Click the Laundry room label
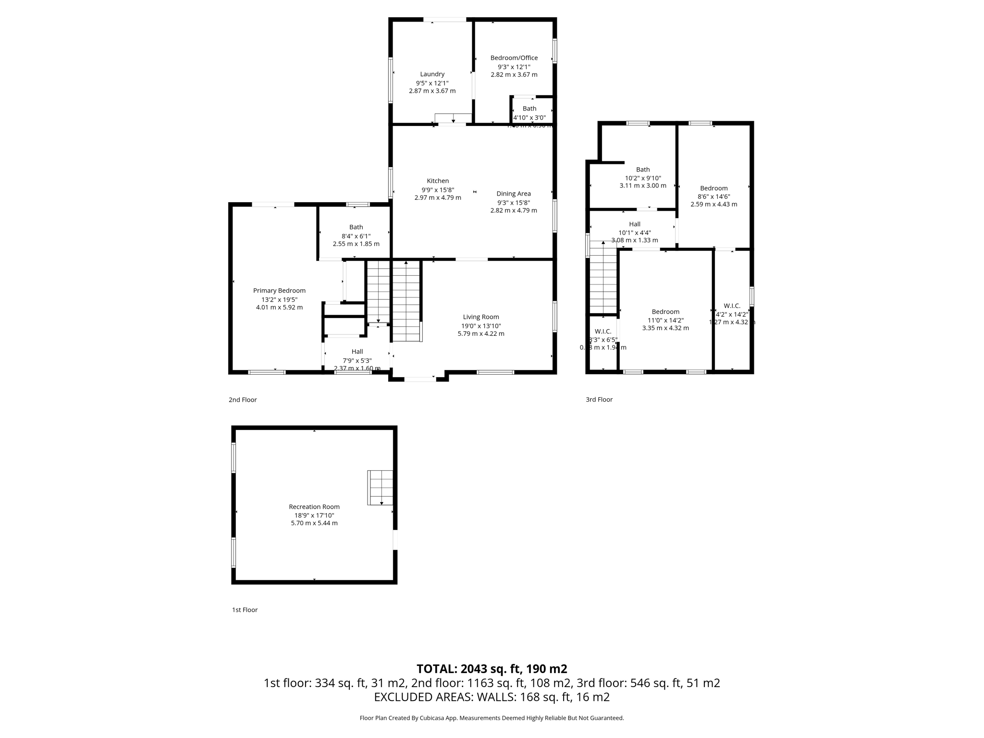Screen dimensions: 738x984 (x=432, y=74)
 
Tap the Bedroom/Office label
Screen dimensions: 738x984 (x=514, y=58)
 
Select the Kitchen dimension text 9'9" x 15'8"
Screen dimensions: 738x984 (x=438, y=189)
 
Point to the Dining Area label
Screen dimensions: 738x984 (x=513, y=194)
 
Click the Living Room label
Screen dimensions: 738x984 (x=480, y=317)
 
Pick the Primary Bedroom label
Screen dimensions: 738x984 (x=279, y=290)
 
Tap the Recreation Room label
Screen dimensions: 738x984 (x=314, y=506)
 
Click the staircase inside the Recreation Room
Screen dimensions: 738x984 (x=380, y=487)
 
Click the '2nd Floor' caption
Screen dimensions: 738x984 (x=243, y=400)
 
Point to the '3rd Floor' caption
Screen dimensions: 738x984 (x=599, y=399)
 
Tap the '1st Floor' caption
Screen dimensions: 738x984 (x=245, y=610)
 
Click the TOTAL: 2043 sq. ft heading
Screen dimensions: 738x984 (x=492, y=669)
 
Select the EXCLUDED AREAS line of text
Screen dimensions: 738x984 (x=492, y=697)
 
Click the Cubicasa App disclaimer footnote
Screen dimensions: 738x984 (x=492, y=718)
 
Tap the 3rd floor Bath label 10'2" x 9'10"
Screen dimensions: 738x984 (x=642, y=170)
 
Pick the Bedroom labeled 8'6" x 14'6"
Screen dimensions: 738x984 (x=713, y=188)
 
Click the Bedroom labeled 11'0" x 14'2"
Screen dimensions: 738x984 (x=665, y=312)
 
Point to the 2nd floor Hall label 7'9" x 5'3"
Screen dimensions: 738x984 (x=357, y=352)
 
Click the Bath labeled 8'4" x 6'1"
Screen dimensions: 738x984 (x=356, y=227)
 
